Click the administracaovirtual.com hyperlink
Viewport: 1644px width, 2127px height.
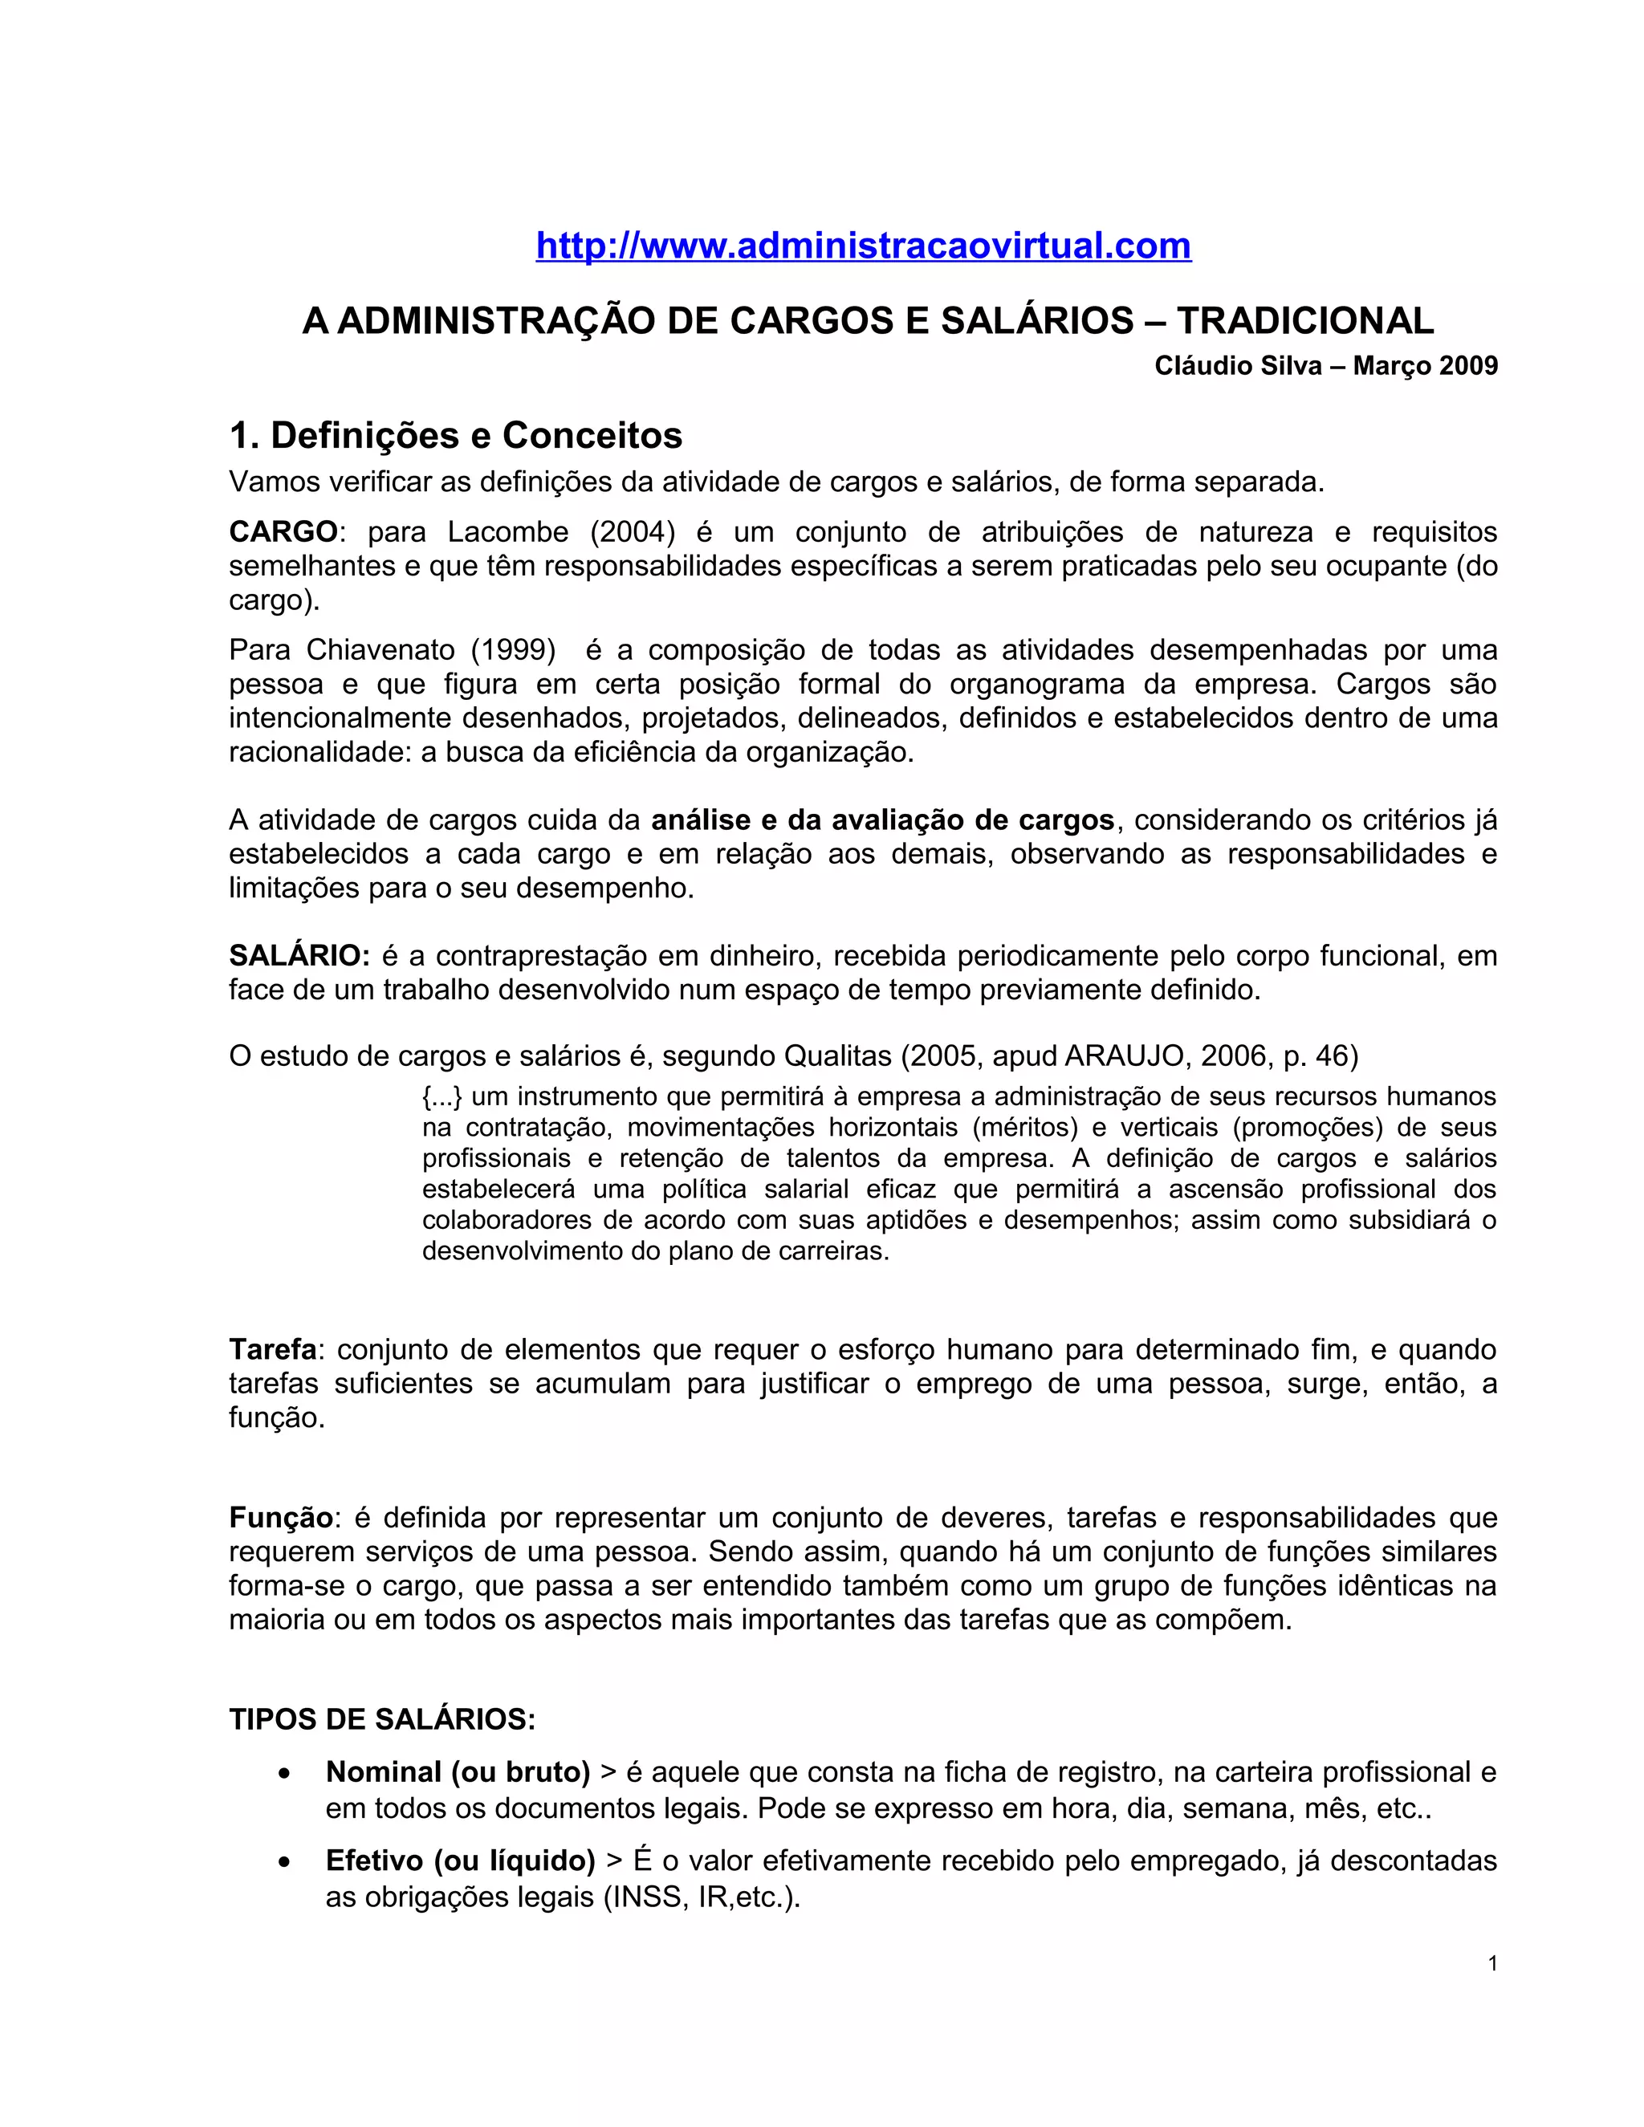(x=863, y=246)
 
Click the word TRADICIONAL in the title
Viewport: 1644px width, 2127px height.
(x=1305, y=320)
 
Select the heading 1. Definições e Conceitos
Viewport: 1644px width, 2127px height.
(x=456, y=435)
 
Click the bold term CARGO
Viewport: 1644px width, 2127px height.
(x=283, y=531)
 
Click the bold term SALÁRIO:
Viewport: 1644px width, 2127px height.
(x=299, y=955)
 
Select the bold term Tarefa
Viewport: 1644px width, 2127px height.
(x=273, y=1350)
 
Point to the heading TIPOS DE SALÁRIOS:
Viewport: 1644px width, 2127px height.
(x=382, y=1719)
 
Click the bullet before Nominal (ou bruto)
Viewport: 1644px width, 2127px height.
(x=283, y=1774)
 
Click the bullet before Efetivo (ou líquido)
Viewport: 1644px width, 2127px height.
(x=283, y=1862)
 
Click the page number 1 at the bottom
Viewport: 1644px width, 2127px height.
(x=1492, y=1963)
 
